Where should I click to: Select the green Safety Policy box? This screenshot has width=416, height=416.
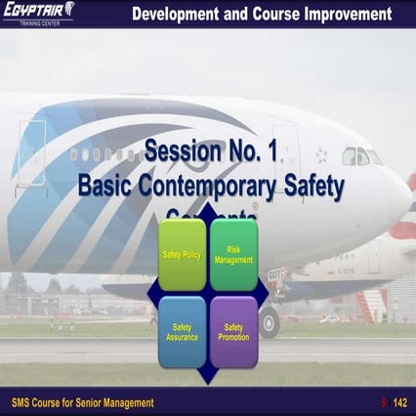pos(182,254)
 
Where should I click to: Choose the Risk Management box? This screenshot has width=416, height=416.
pos(233,254)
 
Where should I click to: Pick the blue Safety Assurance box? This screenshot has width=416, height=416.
pos(182,332)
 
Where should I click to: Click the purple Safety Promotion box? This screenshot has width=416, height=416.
pos(233,332)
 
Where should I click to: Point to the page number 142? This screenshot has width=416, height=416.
pos(400,402)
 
